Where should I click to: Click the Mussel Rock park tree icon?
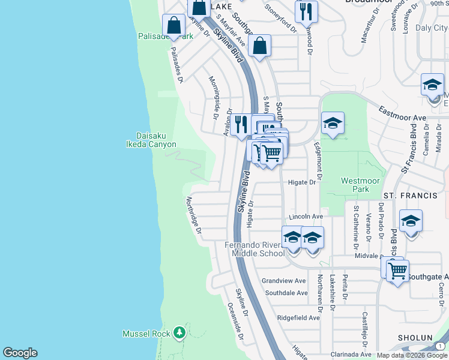(179, 332)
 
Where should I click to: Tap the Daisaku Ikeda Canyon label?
(151, 140)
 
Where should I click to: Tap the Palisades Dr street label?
(176, 65)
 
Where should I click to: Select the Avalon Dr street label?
(229, 122)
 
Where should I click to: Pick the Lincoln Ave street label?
(306, 217)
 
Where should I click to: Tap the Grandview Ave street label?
(284, 280)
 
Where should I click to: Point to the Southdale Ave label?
(286, 293)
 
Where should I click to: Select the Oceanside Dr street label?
(235, 321)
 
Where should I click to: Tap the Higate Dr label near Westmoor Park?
(302, 182)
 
